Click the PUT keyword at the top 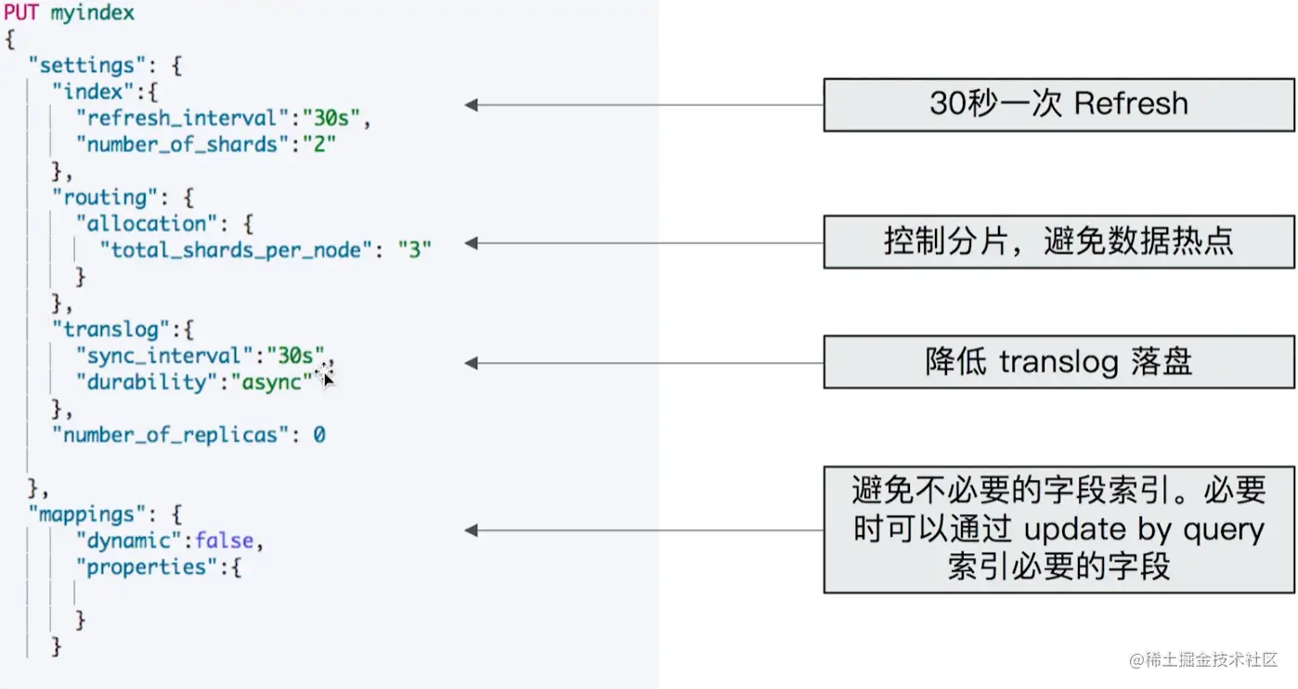(x=22, y=13)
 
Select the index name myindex (x=92, y=13)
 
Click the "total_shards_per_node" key (x=236, y=250)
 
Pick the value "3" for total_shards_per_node (x=414, y=250)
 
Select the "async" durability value (x=271, y=382)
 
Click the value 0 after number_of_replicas (x=318, y=435)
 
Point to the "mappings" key (x=82, y=513)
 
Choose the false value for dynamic (x=223, y=540)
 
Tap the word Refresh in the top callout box (x=1130, y=103)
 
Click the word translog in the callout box (x=1058, y=362)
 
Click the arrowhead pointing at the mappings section (x=472, y=530)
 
